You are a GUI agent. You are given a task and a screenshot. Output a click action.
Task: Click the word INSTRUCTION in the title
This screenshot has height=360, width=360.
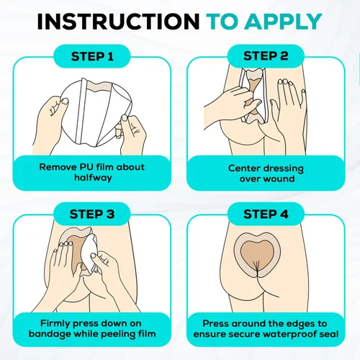tap(118, 22)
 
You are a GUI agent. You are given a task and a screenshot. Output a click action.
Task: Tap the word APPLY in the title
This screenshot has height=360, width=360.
tap(283, 22)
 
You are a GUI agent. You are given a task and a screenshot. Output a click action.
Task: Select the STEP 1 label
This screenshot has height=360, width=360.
tap(92, 57)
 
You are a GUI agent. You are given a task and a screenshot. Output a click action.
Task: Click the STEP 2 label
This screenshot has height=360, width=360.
tap(266, 56)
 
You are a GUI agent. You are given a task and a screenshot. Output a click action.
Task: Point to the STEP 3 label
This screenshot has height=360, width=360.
tap(92, 214)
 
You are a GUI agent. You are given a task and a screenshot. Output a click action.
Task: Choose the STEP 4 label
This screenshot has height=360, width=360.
tap(266, 214)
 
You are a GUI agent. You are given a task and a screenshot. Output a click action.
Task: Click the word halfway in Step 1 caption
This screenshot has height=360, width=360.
tap(93, 178)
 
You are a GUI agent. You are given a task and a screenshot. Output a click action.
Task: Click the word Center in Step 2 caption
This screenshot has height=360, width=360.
tap(244, 168)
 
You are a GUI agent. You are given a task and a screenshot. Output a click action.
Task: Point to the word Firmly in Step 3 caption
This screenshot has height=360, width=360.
tap(55, 323)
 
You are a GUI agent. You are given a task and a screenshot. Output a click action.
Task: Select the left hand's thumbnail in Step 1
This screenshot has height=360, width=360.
tap(64, 102)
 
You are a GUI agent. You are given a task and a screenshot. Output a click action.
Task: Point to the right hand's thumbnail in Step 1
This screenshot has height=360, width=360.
tap(125, 118)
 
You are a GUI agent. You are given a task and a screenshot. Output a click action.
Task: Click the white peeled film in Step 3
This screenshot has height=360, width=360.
tap(89, 250)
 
